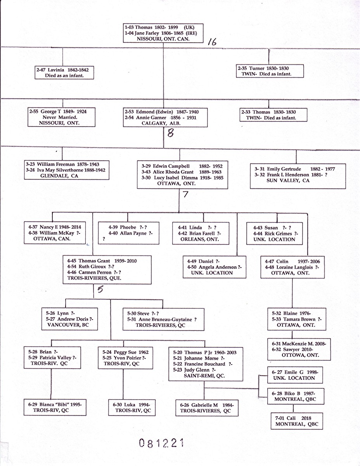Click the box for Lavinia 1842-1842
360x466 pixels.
pos(64,73)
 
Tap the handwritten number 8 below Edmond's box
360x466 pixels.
pos(170,133)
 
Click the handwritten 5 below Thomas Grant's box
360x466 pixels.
pos(100,289)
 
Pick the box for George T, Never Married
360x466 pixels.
pos(62,117)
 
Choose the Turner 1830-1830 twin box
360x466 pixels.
pos(270,71)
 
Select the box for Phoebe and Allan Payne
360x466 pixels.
pos(128,233)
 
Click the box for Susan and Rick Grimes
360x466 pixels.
pos(276,233)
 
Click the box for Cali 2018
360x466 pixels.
pos(297,421)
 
